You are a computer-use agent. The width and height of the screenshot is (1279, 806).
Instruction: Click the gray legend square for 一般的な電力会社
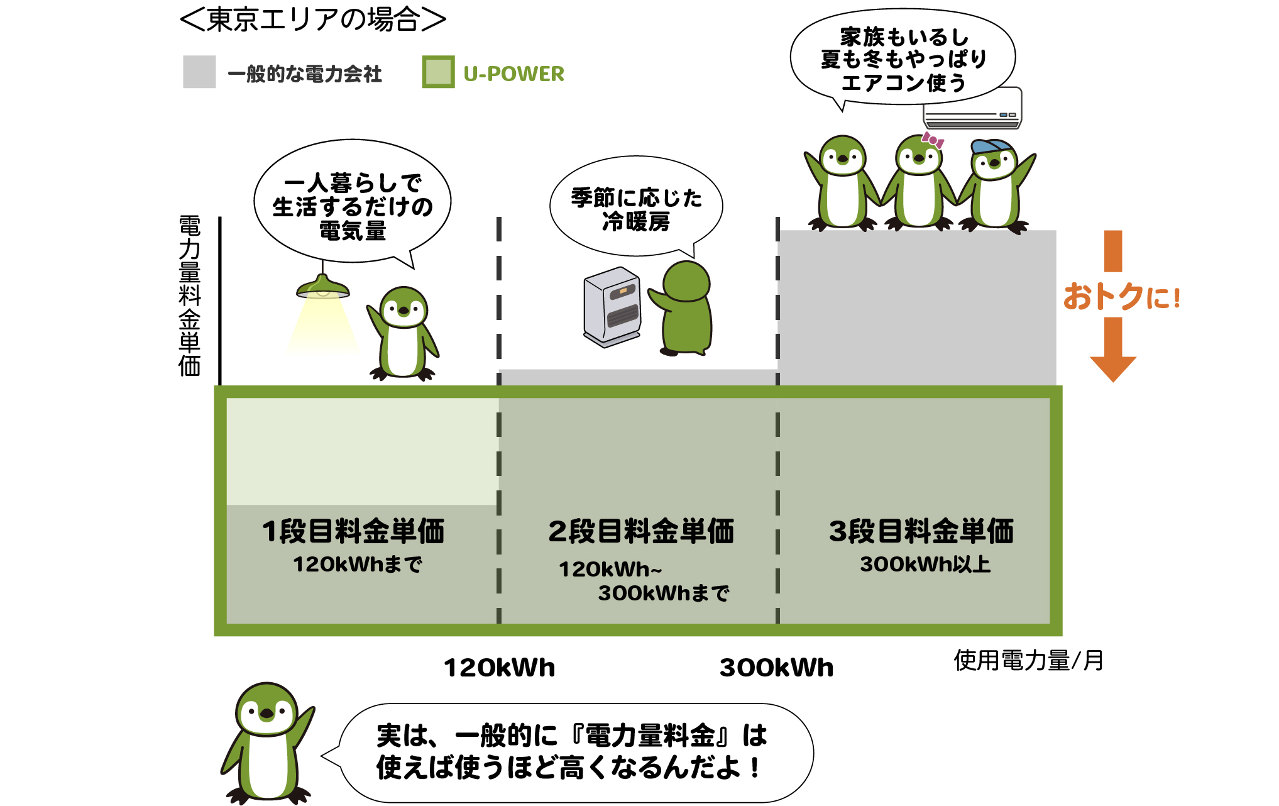pos(199,72)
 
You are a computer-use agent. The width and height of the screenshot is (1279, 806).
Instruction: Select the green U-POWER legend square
pos(438,72)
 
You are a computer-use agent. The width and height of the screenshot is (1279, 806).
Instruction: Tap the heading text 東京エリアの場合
pos(313,19)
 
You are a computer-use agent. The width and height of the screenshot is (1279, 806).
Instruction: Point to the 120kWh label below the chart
pos(500,668)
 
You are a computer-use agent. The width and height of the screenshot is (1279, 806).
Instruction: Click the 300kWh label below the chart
pos(776,668)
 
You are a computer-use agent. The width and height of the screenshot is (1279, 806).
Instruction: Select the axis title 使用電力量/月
pos(1028,661)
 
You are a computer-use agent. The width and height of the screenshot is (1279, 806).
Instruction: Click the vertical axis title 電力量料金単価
pos(189,296)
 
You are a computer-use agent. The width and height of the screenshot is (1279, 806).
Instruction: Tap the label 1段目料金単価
pos(353,531)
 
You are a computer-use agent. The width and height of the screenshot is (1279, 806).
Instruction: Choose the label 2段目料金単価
pos(641,531)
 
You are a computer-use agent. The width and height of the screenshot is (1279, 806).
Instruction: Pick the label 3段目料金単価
pos(921,531)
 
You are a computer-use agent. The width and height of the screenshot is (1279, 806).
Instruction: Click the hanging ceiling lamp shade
pos(323,288)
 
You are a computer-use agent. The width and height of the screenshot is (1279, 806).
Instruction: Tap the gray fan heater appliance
pos(612,307)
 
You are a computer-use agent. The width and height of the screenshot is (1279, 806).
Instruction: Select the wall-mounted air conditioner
pos(972,109)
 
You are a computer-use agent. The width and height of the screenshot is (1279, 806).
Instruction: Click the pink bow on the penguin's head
pos(933,140)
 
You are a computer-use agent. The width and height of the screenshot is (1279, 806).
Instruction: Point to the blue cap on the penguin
pos(991,146)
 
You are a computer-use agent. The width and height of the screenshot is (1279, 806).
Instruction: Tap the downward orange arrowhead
pos(1112,367)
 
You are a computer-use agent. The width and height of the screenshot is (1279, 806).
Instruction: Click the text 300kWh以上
pos(925,565)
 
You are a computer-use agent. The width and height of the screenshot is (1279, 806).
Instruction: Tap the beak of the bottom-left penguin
pos(267,714)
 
